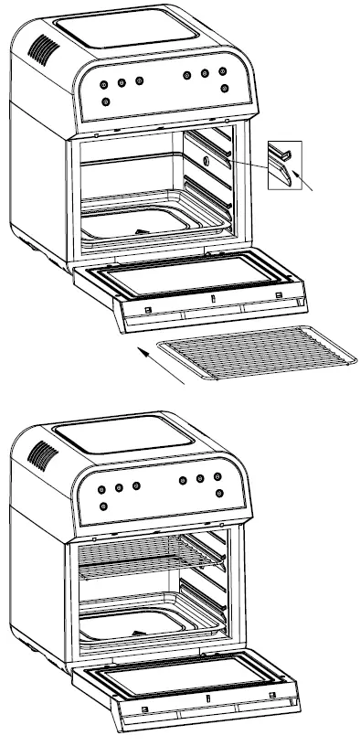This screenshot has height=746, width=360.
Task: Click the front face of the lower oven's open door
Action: pyautogui.click(x=210, y=712)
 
